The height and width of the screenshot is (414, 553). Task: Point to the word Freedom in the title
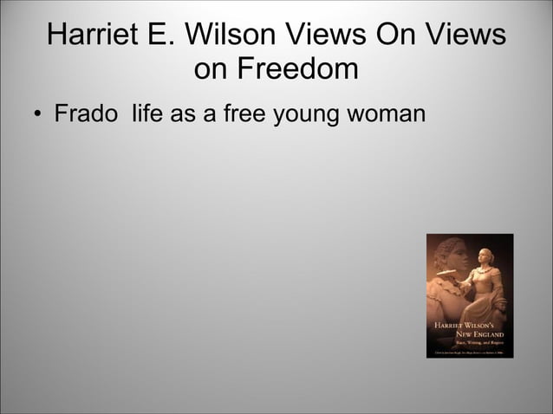(300, 69)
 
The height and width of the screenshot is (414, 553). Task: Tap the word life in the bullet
(149, 113)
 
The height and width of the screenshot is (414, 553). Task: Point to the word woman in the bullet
(386, 113)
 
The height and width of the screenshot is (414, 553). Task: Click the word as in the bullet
(183, 114)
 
